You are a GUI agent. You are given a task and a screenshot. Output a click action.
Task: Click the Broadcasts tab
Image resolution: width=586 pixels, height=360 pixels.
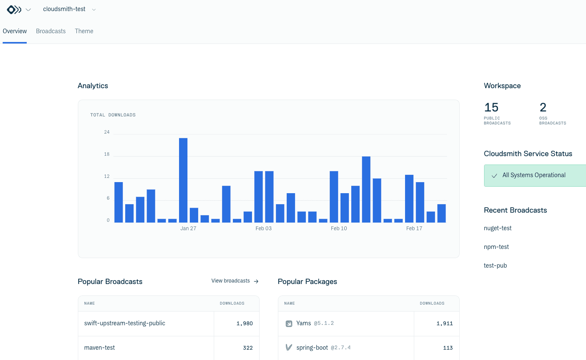[x=51, y=31]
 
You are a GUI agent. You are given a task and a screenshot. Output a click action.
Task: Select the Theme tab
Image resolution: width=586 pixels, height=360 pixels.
[x=84, y=31]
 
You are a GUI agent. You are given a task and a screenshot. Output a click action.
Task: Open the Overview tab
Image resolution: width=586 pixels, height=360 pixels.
[x=15, y=31]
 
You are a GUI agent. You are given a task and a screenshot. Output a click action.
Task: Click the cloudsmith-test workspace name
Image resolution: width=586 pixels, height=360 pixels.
[x=64, y=9]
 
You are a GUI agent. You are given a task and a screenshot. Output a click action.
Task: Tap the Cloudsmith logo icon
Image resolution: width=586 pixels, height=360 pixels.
[x=14, y=10]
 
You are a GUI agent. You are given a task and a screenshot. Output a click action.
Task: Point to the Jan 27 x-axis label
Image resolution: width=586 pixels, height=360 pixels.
[x=188, y=228]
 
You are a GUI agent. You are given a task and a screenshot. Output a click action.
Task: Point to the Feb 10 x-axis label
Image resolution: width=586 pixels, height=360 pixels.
[x=339, y=228]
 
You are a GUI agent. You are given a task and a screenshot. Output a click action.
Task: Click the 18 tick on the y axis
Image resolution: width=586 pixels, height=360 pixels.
[x=107, y=154]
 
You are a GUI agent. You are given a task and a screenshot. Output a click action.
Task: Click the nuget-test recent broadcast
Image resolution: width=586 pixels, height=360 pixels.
[x=497, y=228]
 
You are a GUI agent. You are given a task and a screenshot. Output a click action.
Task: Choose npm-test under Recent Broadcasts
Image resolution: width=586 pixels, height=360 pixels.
[x=496, y=247]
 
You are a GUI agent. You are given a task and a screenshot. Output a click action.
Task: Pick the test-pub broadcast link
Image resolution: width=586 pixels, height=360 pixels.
[x=495, y=266]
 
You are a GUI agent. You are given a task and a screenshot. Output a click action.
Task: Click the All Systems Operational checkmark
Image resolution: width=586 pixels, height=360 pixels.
[x=494, y=176]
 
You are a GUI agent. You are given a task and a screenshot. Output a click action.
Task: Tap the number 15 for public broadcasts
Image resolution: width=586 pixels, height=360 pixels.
[x=491, y=107]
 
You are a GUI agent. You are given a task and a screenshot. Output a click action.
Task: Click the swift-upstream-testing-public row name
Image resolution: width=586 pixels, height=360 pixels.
[x=124, y=323]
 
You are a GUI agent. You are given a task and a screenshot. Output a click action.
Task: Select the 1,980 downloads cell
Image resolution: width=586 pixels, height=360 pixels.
[x=244, y=324]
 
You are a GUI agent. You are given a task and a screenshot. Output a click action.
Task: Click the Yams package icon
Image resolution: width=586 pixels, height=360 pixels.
[x=289, y=324]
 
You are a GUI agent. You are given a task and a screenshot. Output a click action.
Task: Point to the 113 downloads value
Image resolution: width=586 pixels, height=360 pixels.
[x=448, y=348]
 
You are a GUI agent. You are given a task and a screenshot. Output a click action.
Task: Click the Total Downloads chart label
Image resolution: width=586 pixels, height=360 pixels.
[x=113, y=115]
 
